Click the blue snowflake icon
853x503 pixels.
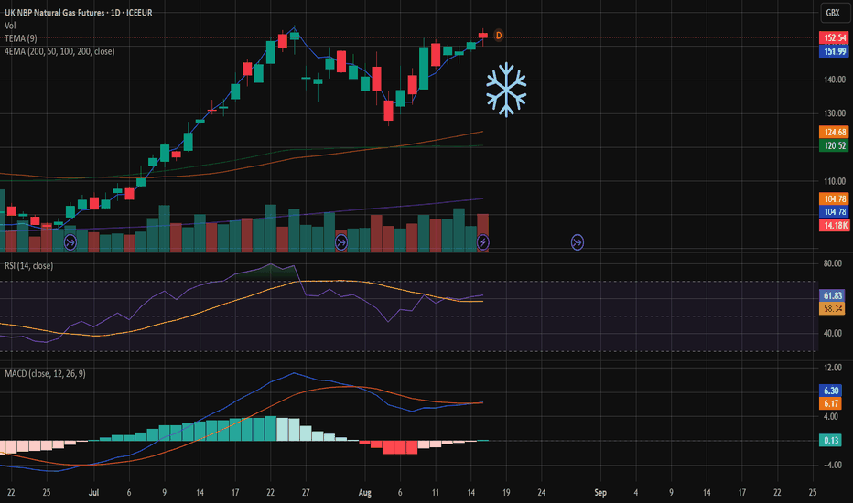(506, 90)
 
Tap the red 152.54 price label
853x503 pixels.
(834, 38)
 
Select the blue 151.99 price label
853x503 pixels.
(834, 51)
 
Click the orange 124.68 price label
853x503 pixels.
(834, 132)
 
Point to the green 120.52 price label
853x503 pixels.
(834, 145)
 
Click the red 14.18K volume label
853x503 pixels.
(834, 225)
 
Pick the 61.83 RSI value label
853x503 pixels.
(832, 295)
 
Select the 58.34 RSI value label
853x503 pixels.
(832, 309)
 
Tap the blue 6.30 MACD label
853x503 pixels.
(830, 391)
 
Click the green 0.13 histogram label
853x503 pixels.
(830, 440)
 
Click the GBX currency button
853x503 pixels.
(833, 13)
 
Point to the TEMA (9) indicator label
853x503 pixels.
(21, 38)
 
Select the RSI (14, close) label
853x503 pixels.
(29, 266)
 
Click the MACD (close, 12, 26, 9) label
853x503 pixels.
(45, 373)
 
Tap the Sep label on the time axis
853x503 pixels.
(600, 493)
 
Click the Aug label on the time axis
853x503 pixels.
(364, 493)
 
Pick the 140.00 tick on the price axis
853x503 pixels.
(835, 80)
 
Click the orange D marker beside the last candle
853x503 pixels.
(498, 36)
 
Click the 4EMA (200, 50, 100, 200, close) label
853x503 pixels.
(59, 51)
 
